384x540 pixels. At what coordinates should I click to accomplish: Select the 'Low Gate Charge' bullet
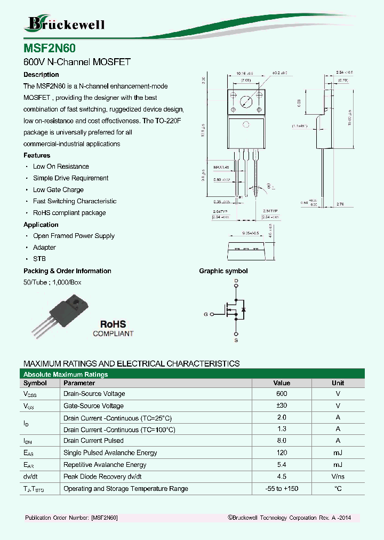pyautogui.click(x=58, y=190)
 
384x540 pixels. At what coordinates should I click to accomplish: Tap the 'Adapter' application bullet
pyautogui.click(x=44, y=248)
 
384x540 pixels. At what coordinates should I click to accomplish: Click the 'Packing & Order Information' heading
pyautogui.click(x=67, y=271)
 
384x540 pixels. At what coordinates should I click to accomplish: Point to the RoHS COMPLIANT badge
pyautogui.click(x=113, y=328)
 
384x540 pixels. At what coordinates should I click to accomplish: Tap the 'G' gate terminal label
pyautogui.click(x=206, y=314)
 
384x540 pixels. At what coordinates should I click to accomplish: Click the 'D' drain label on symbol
pyautogui.click(x=236, y=281)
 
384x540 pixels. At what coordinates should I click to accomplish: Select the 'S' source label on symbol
pyautogui.click(x=236, y=340)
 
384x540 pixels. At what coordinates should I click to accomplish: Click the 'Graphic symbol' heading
pyautogui.click(x=223, y=271)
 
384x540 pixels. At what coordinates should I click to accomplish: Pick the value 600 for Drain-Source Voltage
pyautogui.click(x=282, y=394)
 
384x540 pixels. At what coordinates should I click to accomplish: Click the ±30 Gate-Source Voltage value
pyautogui.click(x=282, y=406)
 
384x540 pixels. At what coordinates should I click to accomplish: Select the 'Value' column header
pyautogui.click(x=282, y=383)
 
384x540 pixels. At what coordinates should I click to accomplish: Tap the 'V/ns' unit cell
pyautogui.click(x=338, y=477)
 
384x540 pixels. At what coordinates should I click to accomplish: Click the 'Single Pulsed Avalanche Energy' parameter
pyautogui.click(x=110, y=453)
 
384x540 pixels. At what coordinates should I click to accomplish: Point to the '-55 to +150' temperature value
pyautogui.click(x=282, y=489)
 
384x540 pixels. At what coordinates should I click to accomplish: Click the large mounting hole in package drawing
pyautogui.click(x=246, y=102)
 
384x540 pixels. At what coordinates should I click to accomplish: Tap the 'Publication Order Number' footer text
pyautogui.click(x=71, y=518)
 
